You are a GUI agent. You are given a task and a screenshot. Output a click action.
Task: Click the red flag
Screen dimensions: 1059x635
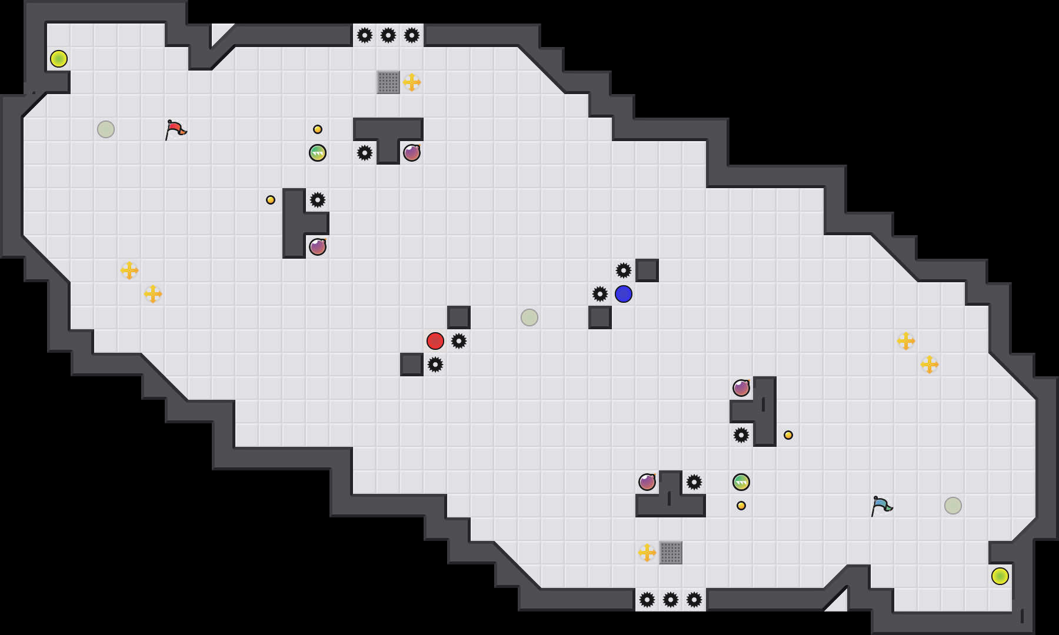click(175, 129)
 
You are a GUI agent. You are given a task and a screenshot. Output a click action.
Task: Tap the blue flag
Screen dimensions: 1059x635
click(881, 506)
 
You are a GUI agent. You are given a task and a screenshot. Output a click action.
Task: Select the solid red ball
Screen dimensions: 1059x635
click(435, 341)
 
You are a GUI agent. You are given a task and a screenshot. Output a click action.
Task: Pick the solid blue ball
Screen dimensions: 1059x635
click(624, 294)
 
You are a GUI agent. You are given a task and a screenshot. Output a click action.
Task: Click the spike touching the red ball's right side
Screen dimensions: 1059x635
click(459, 341)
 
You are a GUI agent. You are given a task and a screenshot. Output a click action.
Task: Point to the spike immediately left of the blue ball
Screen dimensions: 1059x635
click(600, 294)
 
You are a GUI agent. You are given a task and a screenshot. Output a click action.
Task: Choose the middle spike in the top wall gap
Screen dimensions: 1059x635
click(388, 35)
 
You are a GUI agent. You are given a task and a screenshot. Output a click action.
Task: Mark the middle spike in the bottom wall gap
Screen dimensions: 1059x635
click(671, 600)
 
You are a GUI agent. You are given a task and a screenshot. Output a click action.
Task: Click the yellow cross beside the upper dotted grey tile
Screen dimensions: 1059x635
click(412, 82)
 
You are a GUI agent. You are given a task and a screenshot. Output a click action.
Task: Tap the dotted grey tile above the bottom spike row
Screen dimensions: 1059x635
click(671, 553)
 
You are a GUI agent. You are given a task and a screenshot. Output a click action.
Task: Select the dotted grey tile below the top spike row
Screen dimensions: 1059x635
click(388, 82)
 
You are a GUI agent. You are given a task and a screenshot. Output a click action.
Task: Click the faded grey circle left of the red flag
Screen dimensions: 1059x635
click(106, 129)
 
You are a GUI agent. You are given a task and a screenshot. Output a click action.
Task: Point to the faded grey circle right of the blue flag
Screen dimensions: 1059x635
click(953, 506)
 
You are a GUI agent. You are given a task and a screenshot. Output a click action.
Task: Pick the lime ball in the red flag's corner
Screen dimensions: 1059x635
click(59, 59)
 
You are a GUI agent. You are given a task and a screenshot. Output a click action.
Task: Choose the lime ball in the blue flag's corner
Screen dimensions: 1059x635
click(1000, 576)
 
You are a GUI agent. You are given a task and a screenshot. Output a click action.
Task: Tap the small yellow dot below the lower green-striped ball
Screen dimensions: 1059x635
click(741, 506)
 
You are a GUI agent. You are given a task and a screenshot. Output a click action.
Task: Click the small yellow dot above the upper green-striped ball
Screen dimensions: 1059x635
click(318, 129)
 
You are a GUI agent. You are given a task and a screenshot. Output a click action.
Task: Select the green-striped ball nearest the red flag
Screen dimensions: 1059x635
click(318, 153)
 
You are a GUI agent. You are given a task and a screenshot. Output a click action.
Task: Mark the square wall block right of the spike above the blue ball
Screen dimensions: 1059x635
click(647, 270)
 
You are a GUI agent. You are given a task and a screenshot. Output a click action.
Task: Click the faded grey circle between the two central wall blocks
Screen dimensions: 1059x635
click(529, 317)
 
